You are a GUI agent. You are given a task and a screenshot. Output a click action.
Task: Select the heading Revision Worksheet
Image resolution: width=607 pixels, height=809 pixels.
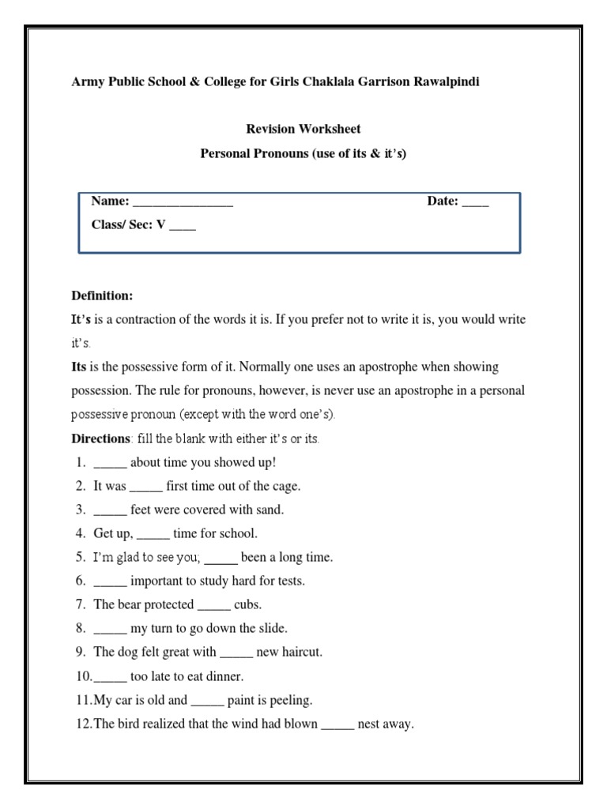coord(303,129)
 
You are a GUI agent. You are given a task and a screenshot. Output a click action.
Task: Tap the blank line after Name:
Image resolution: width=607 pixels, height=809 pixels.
coord(183,202)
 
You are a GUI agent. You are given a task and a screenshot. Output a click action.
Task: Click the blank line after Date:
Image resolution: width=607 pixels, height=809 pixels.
coord(476,202)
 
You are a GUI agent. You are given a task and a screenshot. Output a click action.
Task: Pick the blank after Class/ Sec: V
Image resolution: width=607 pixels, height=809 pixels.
coord(183,226)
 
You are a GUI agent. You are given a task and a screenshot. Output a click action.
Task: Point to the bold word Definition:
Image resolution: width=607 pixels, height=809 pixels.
coord(103,295)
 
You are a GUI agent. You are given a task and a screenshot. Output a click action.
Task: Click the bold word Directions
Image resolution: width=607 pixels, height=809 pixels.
coord(100,438)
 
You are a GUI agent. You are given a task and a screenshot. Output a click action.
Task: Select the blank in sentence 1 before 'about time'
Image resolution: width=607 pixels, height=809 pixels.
coord(110,464)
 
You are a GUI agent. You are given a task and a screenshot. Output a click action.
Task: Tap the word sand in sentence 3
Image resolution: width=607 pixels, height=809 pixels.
coord(269,510)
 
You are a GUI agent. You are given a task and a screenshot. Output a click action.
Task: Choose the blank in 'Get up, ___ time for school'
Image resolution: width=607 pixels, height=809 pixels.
coord(153,535)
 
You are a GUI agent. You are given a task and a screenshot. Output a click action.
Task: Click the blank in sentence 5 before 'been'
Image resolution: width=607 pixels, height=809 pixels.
coord(221,559)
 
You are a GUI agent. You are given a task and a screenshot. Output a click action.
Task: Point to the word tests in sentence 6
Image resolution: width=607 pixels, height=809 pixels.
coord(288,581)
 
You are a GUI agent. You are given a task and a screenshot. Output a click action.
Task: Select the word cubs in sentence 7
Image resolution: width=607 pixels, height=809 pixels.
coord(247,604)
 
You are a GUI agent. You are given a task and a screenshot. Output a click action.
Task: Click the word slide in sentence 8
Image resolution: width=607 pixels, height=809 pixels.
coord(271,628)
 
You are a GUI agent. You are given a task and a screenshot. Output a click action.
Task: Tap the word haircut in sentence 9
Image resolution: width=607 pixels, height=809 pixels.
coord(299,652)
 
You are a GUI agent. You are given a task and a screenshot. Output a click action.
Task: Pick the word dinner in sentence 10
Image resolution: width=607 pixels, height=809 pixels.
coord(224,675)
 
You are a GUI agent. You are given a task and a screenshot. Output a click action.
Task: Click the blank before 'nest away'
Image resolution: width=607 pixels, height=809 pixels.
coord(337,724)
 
